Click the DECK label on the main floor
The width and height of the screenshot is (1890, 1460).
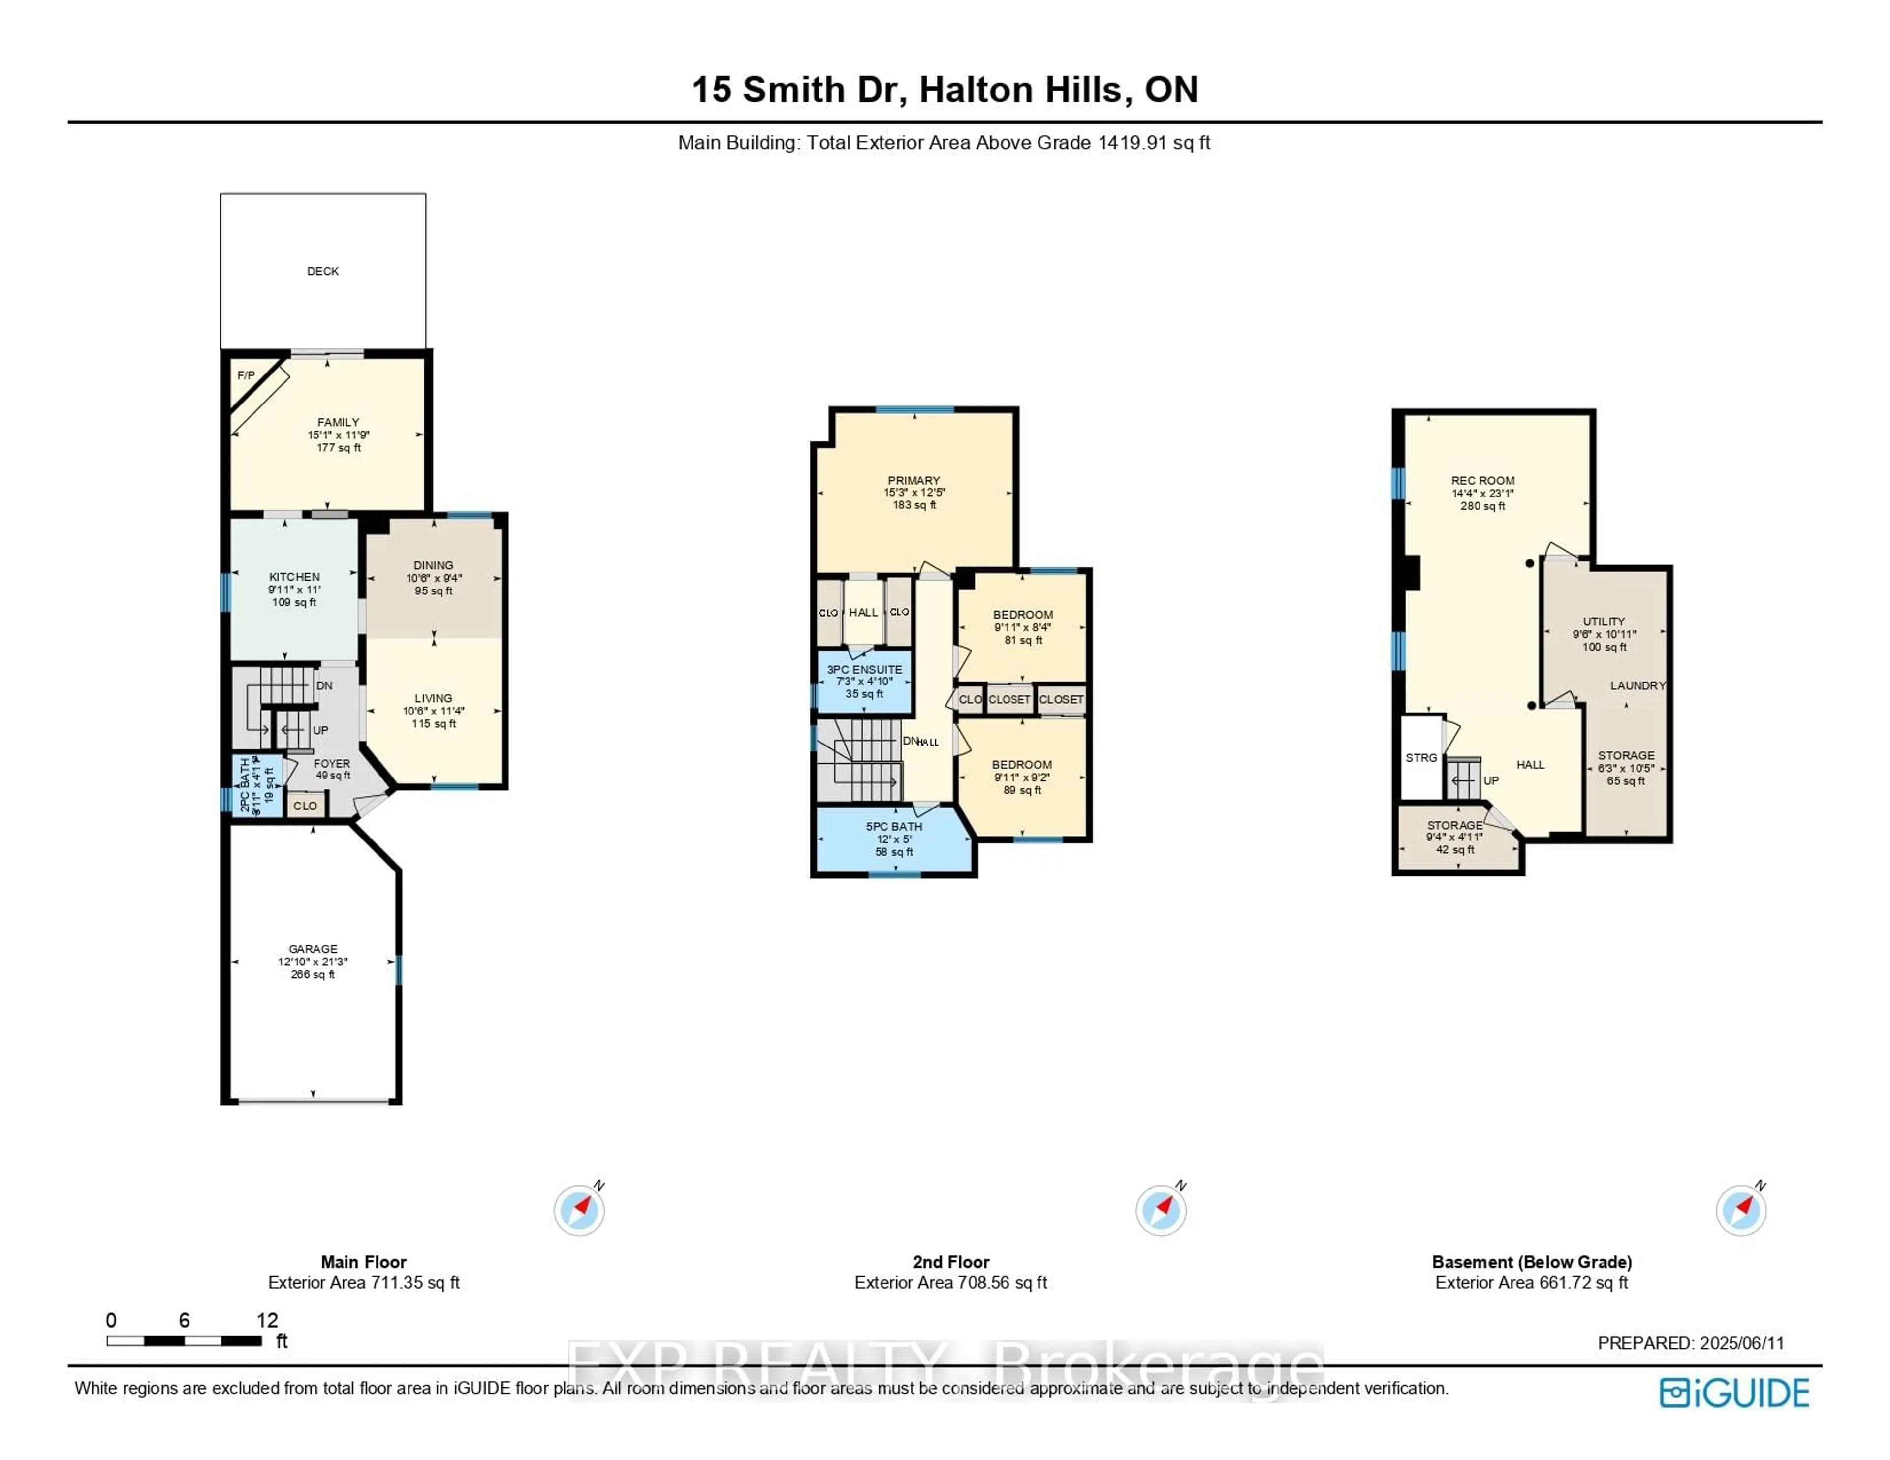323,271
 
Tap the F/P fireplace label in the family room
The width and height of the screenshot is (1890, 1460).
246,375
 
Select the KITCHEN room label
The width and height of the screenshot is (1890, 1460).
294,576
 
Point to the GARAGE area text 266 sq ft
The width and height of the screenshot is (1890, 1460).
313,974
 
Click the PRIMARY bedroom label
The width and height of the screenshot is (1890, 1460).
913,480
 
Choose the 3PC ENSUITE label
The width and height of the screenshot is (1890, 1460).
864,670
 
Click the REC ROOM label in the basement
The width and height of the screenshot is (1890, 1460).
1482,480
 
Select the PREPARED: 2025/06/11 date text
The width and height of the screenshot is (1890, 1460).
1690,1343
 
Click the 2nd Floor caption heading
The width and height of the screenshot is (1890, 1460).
950,1262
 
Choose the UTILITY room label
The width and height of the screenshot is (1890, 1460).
1604,621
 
